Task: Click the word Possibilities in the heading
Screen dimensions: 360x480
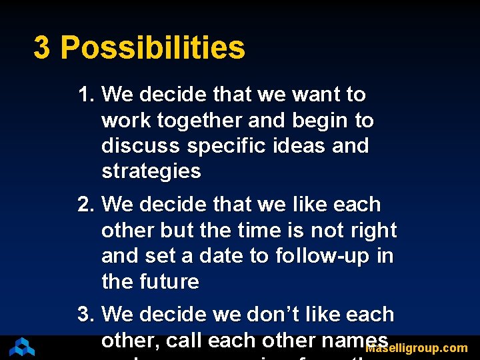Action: (153, 48)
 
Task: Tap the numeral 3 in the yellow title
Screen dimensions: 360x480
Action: (41, 48)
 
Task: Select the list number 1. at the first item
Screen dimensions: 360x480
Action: (87, 95)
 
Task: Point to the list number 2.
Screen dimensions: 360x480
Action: (87, 204)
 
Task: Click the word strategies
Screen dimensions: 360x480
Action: (151, 171)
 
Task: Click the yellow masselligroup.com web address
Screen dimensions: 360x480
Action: (417, 348)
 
